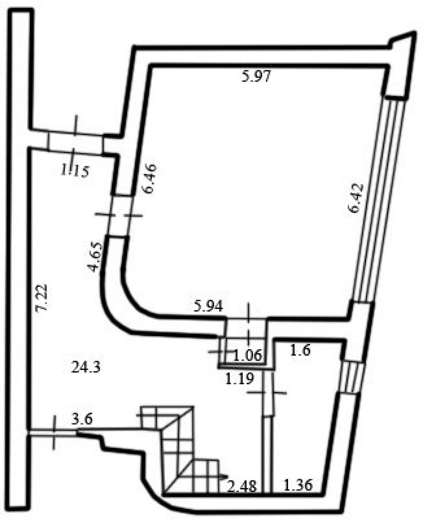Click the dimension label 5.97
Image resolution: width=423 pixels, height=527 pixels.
coord(256,76)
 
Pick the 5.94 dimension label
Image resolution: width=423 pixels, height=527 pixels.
coord(208,306)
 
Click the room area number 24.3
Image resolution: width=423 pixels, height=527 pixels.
coord(86,367)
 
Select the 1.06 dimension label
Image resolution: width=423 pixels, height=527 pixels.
coord(248,355)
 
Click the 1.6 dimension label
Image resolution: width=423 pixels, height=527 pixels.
coord(300,350)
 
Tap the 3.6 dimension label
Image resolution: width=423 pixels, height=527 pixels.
coord(82,419)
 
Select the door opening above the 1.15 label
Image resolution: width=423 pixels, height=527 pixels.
coord(76,143)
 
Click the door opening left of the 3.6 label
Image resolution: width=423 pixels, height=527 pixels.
coord(53,431)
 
